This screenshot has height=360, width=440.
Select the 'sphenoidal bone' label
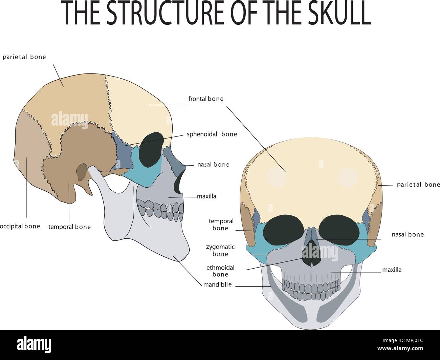click(x=212, y=134)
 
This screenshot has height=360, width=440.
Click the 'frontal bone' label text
click(x=206, y=99)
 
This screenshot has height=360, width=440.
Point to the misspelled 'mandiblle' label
click(x=217, y=284)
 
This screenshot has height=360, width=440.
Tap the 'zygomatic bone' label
click(x=220, y=251)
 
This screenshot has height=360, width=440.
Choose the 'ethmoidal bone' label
click(x=220, y=271)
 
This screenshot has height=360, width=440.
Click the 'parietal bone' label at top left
click(x=24, y=57)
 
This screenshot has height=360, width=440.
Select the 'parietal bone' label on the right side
click(x=418, y=185)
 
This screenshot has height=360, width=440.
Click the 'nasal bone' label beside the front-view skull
click(x=408, y=234)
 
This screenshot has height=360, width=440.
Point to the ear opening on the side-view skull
click(x=81, y=172)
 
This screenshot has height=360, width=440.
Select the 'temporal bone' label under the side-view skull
click(x=69, y=227)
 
